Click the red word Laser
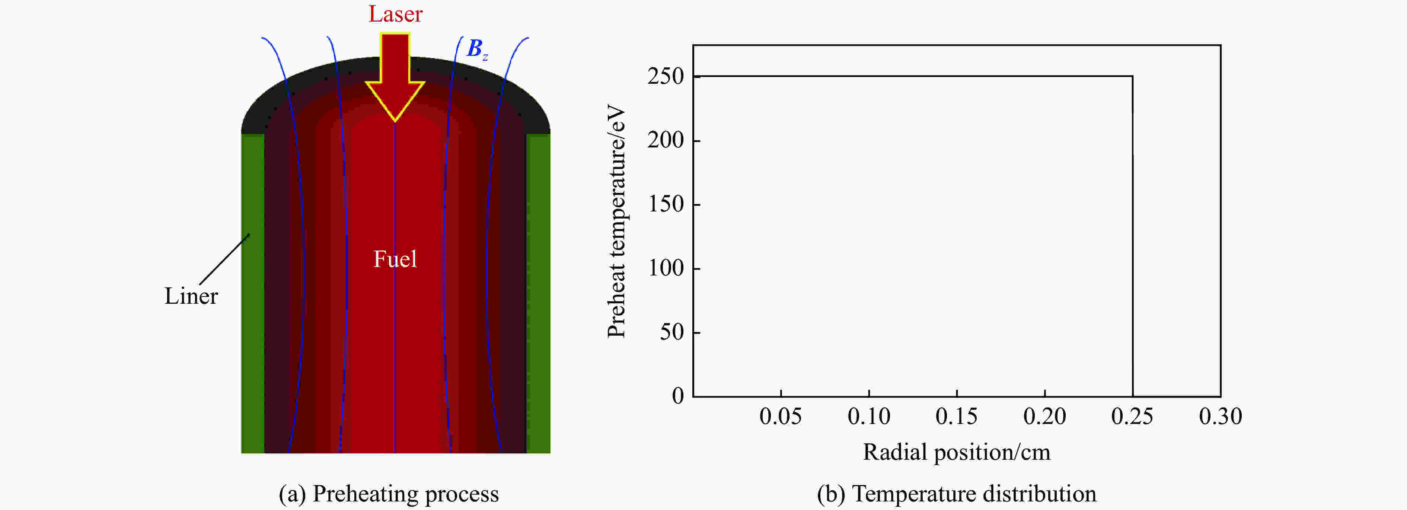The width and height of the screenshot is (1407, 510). tap(395, 14)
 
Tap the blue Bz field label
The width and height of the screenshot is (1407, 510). tap(476, 49)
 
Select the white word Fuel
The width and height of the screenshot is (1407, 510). tap(395, 259)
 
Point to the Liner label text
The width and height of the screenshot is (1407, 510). tap(191, 296)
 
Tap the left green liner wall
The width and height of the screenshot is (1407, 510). tap(253, 295)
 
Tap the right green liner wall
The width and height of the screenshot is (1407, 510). tap(538, 295)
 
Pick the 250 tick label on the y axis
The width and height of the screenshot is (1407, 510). tap(666, 76)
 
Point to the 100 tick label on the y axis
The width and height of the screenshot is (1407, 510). tap(666, 268)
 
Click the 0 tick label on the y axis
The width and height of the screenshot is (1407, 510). tap(678, 396)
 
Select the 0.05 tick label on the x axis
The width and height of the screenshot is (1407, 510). tap(781, 417)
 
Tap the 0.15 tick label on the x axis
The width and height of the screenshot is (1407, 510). tap(956, 417)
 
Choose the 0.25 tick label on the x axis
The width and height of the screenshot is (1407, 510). tap(1132, 417)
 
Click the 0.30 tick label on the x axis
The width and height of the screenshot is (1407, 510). tap(1220, 417)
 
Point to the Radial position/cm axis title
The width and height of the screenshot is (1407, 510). tap(956, 452)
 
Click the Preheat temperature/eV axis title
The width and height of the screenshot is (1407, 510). tap(616, 221)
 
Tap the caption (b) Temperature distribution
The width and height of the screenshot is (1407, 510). tap(956, 494)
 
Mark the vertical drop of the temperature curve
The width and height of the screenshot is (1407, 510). tap(1132, 235)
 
